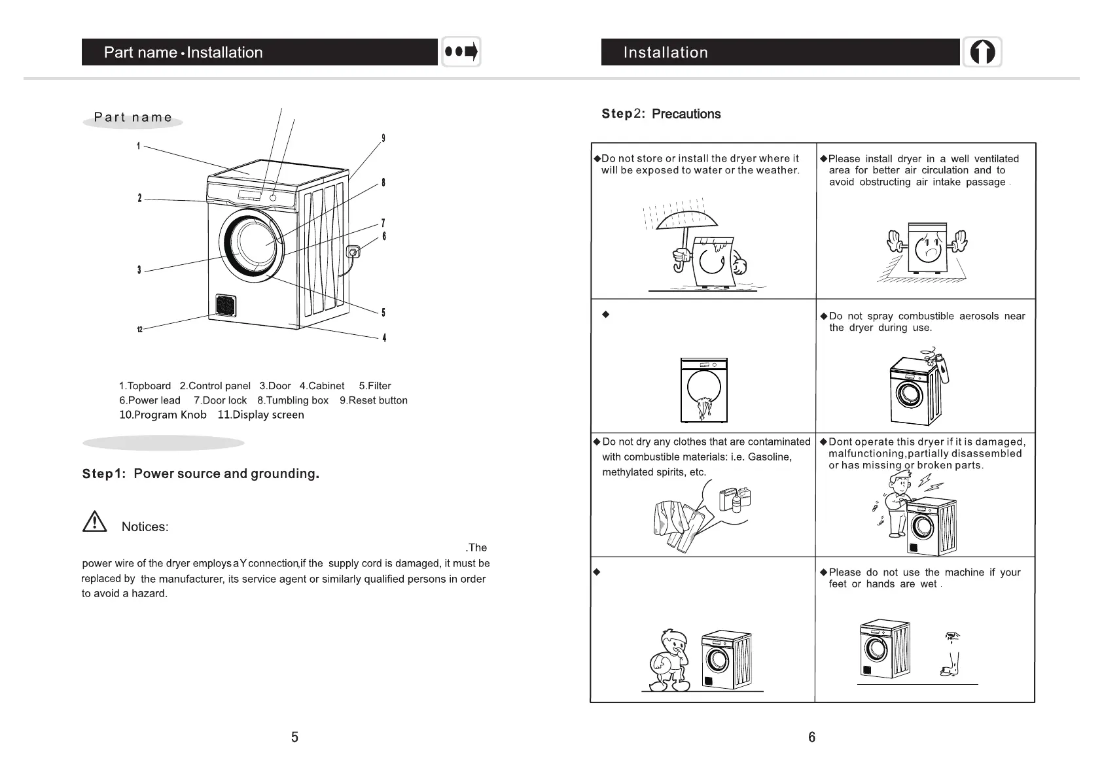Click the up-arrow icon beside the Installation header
(982, 52)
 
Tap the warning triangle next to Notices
(95, 521)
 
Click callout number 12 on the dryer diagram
(139, 329)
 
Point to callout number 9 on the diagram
(383, 138)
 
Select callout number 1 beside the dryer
(138, 146)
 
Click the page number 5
(294, 737)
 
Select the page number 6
(811, 737)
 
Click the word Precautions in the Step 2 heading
(686, 114)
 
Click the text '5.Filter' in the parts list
(375, 386)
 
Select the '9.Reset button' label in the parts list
(373, 400)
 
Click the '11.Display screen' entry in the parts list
(260, 415)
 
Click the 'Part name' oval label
(133, 118)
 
